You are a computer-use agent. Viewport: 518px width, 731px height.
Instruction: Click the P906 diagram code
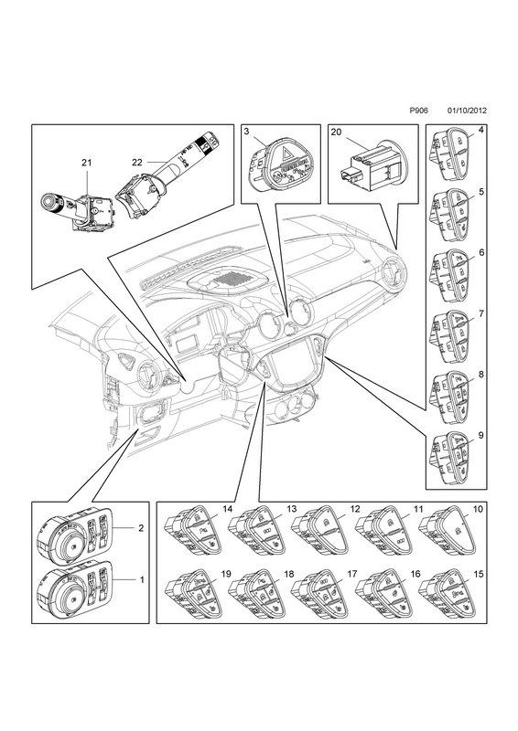pos(418,111)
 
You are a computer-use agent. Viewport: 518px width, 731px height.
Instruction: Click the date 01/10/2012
pos(467,111)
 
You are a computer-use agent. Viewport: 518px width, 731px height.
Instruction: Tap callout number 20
pos(336,132)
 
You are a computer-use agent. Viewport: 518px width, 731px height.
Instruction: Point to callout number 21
pos(86,163)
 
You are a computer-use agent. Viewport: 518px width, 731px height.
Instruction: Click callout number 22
pos(137,163)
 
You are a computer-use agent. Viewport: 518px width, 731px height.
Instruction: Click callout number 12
pos(355,509)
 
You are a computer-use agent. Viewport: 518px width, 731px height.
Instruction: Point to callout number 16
pos(415,574)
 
